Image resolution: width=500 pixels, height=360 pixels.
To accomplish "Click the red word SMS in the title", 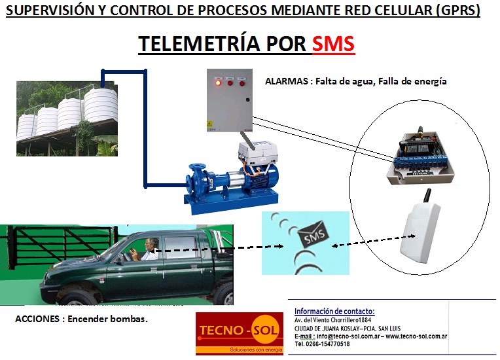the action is [333, 44].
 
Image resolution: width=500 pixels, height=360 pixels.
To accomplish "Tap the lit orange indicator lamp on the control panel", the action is [218, 83].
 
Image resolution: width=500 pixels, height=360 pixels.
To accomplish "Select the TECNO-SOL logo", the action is [240, 333].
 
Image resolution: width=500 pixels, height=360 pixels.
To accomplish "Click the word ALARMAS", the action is [287, 81].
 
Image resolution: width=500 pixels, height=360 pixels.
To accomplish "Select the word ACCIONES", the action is [37, 319].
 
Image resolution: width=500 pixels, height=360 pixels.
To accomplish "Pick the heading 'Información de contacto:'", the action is [334, 311].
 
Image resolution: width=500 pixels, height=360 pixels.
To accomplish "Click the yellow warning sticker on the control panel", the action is [210, 124].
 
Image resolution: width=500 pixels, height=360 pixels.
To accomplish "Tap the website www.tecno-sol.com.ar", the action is [416, 336].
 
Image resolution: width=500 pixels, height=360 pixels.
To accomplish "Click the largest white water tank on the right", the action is [101, 105].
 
